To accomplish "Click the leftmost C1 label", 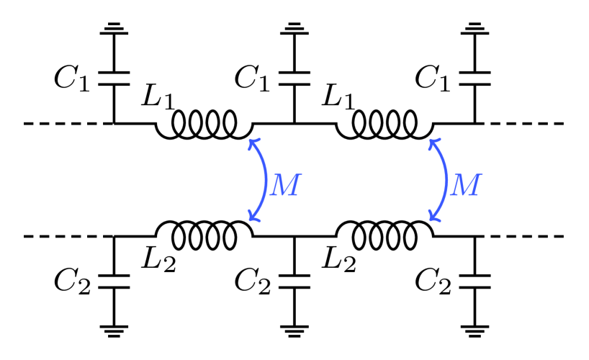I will click(72, 78).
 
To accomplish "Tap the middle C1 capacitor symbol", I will click(294, 78).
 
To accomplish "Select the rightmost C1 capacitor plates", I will click(475, 78).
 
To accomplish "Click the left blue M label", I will click(283, 185).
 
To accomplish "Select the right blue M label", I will click(464, 185).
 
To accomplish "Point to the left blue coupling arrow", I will click(261, 180).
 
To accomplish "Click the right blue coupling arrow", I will click(441, 180).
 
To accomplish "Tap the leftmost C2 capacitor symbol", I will click(114, 280).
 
